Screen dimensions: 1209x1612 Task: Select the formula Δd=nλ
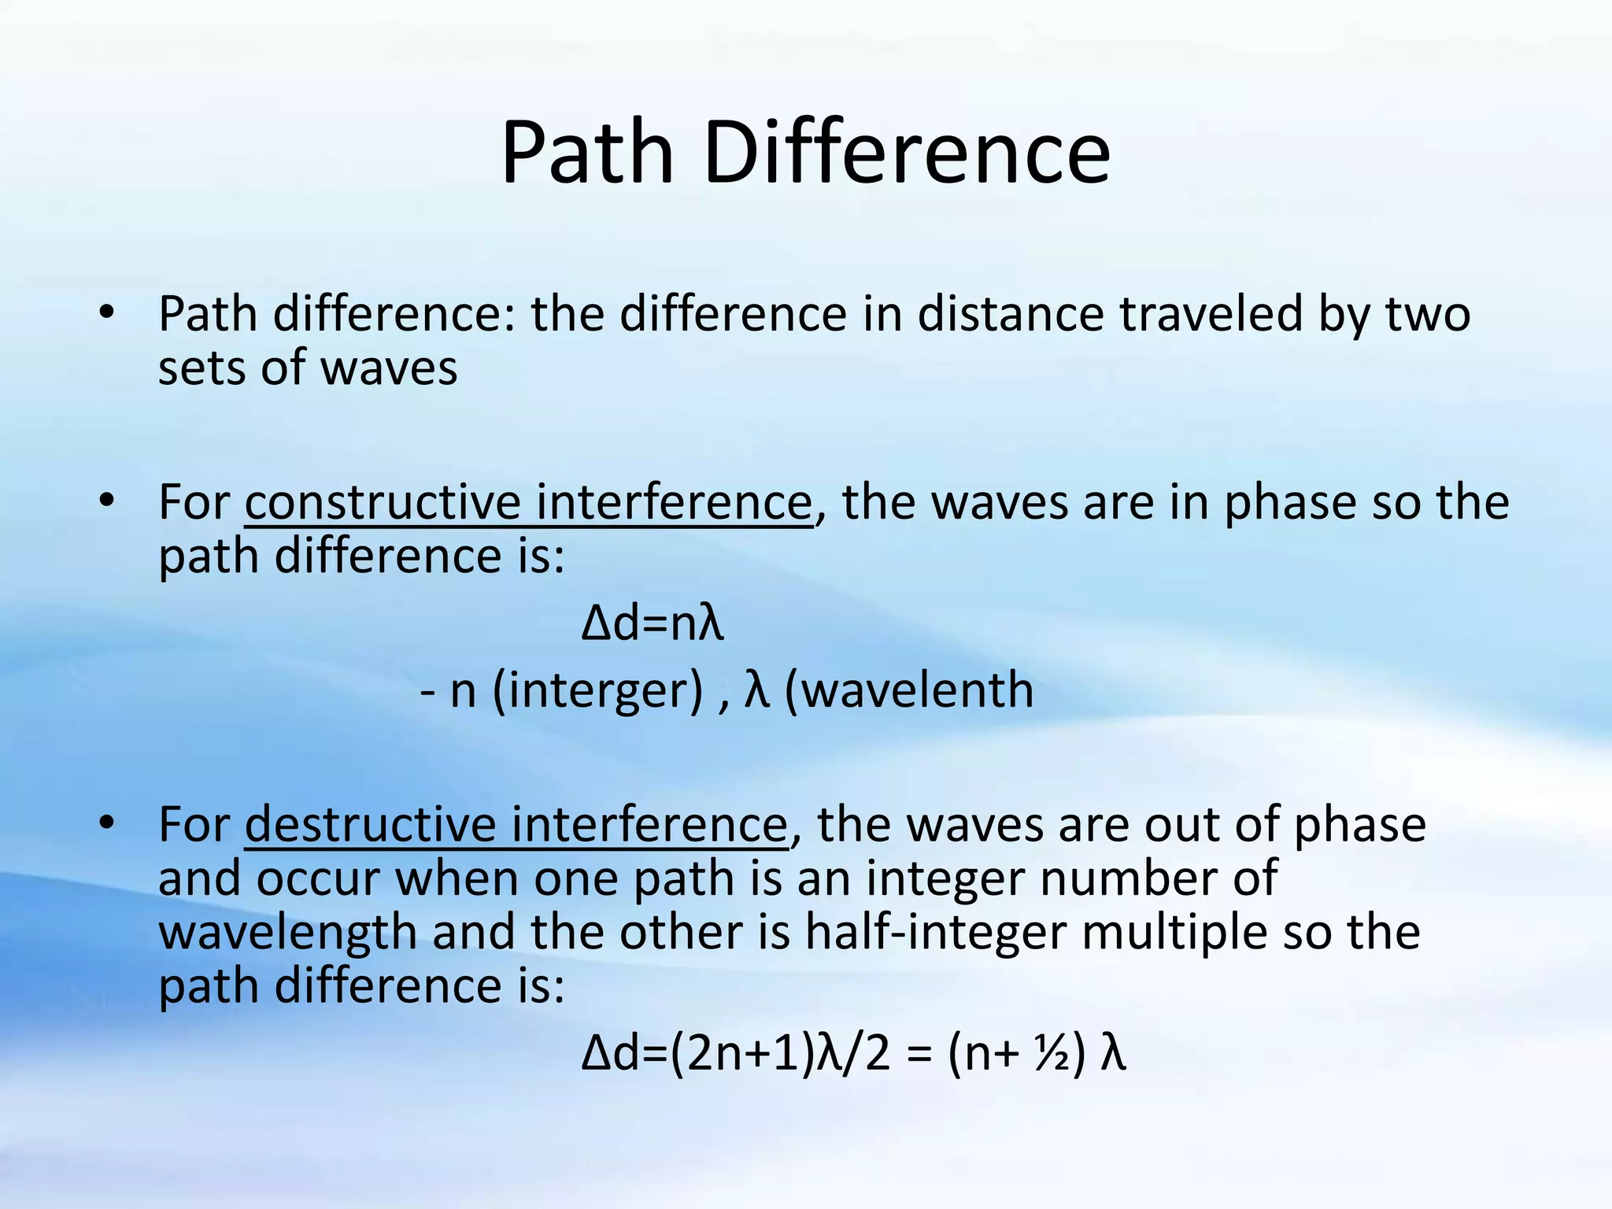pos(652,624)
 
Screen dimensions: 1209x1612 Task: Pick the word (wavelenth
pos(909,690)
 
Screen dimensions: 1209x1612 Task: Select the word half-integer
pos(935,933)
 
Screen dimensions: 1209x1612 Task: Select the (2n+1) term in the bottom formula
pos(741,1055)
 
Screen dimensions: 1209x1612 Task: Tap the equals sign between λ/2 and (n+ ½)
pos(919,1055)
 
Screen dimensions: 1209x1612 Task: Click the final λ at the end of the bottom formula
pos(1113,1055)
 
